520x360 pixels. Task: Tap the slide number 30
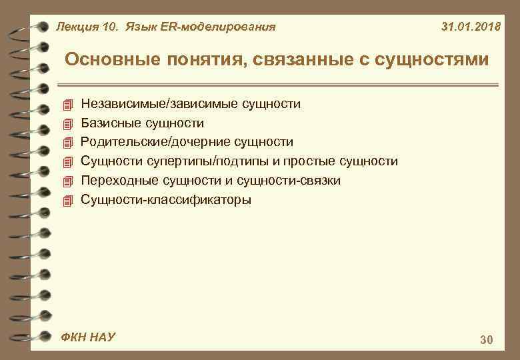(486, 341)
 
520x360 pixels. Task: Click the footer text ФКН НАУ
(88, 337)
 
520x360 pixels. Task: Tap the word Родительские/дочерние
(151, 142)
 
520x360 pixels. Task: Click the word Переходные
(115, 181)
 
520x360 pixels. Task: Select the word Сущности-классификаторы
(166, 199)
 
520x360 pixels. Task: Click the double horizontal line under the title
(280, 85)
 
